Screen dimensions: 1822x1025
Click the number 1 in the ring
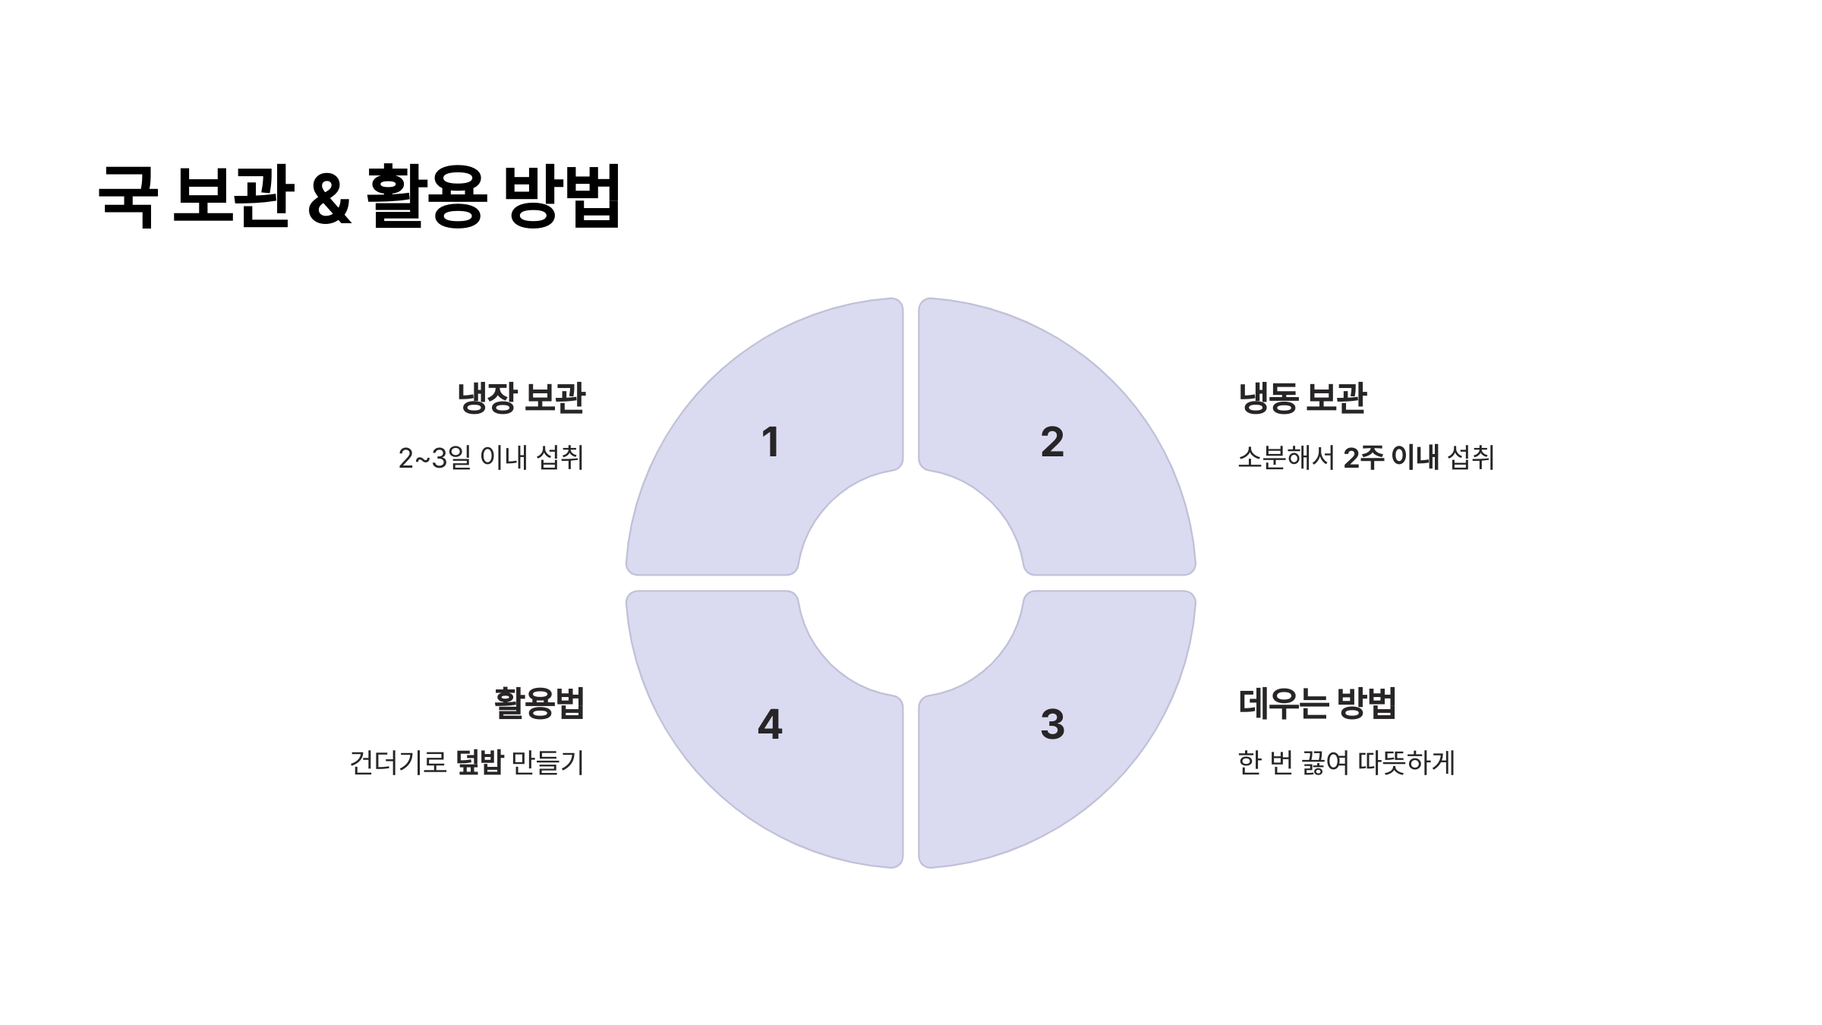click(771, 442)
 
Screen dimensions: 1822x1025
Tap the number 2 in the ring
click(1052, 442)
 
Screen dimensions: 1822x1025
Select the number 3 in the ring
click(1052, 724)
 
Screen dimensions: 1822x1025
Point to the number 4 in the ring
click(770, 724)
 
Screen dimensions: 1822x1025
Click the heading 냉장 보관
click(522, 399)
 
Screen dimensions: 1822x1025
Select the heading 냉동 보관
click(1302, 399)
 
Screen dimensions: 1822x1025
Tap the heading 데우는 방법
click(1317, 704)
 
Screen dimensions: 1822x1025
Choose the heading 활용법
click(540, 704)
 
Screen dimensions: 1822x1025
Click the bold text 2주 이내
click(1391, 458)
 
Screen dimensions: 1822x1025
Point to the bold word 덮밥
click(480, 762)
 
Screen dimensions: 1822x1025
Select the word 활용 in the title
click(425, 196)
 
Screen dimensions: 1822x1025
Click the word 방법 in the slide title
click(563, 196)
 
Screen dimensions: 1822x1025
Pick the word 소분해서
click(1286, 458)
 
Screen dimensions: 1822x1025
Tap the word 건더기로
click(398, 762)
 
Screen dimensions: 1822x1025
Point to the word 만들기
click(547, 762)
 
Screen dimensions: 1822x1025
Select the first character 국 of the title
click(128, 196)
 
